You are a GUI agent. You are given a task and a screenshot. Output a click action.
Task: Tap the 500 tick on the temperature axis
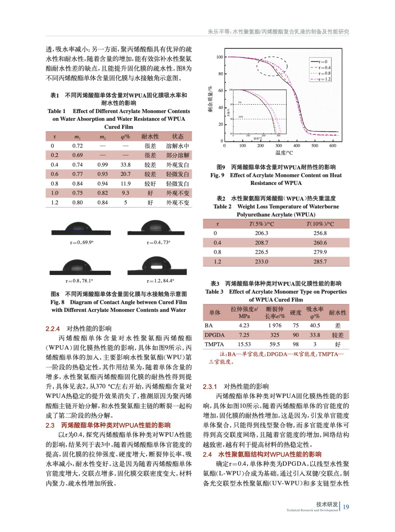[x=314, y=146]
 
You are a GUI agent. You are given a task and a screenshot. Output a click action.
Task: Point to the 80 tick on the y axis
[x=220, y=74]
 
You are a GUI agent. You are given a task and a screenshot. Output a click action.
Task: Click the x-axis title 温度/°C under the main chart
[x=284, y=153]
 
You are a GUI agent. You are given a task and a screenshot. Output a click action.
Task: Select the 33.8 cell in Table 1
[x=125, y=165]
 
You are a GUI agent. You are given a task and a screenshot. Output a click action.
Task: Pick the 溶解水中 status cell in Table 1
[x=177, y=146]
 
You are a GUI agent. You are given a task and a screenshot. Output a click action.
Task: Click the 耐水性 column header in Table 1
[x=150, y=136]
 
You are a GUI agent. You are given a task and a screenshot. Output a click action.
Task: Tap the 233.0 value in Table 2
[x=262, y=262]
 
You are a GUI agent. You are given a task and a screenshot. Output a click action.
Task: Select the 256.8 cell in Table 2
[x=320, y=233]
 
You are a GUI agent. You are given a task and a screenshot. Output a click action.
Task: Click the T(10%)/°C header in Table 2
[x=320, y=224]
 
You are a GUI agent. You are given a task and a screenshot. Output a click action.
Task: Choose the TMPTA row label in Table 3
[x=214, y=344]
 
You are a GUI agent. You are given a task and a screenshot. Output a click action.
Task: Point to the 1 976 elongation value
[x=275, y=326]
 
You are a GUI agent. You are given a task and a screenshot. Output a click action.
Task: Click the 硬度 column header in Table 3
[x=296, y=313]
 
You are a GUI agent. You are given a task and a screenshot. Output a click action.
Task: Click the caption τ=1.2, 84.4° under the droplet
[x=160, y=281]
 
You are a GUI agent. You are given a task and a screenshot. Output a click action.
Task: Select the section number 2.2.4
[x=53, y=329]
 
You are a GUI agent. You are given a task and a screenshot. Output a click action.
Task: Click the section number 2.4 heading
[x=207, y=455]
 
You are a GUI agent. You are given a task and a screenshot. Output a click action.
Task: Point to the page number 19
[x=346, y=507]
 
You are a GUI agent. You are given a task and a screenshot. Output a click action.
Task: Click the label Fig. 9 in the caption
[x=217, y=175]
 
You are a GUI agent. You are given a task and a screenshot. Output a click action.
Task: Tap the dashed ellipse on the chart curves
[x=272, y=66]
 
